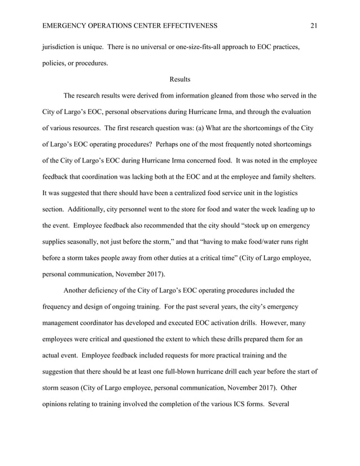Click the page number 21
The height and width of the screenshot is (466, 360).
[314, 25]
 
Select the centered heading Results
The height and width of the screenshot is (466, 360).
[180, 80]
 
